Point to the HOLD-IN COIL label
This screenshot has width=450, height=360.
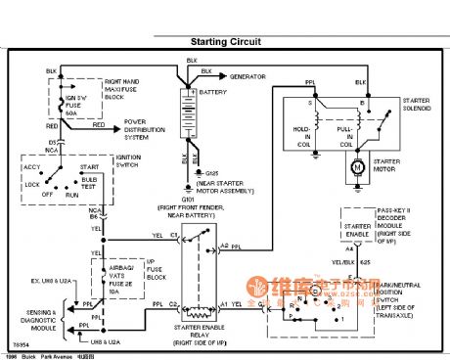(302, 132)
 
